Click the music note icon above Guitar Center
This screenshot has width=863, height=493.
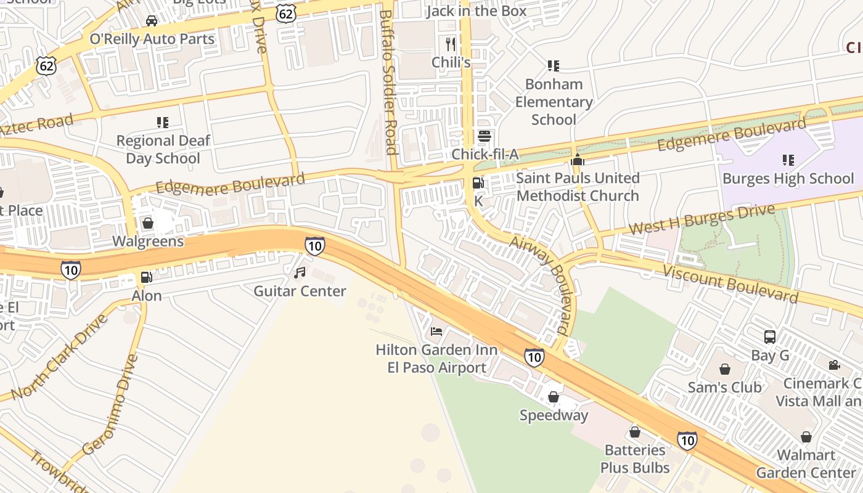(x=300, y=272)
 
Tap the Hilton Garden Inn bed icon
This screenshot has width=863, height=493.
(x=436, y=332)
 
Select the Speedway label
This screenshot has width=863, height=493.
(x=554, y=415)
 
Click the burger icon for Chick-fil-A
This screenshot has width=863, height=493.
(x=485, y=136)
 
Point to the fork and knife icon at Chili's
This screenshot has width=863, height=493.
(x=451, y=44)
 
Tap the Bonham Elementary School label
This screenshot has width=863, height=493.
(x=554, y=102)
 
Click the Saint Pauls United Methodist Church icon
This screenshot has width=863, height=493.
(x=577, y=160)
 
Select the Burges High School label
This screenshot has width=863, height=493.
(x=788, y=179)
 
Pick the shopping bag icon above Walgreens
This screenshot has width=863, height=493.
(x=147, y=222)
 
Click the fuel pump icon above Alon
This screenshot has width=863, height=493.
(x=146, y=277)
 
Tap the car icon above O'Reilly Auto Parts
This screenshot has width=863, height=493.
(x=151, y=21)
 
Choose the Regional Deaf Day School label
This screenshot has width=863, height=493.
(x=163, y=149)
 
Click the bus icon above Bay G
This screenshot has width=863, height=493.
(x=770, y=337)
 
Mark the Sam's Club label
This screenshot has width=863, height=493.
(x=725, y=388)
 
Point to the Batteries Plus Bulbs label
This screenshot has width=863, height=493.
(x=635, y=458)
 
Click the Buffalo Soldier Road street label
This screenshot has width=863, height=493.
(x=387, y=81)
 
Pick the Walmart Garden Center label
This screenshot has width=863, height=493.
(x=806, y=464)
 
